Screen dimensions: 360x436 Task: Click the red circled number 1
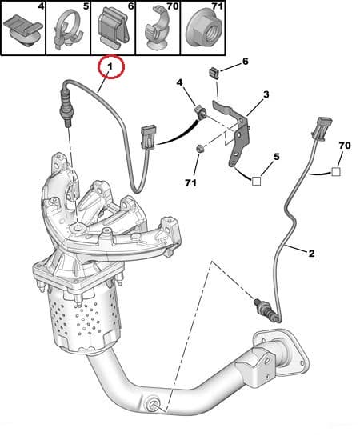coord(110,66)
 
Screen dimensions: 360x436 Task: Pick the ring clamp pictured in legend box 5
coord(68,30)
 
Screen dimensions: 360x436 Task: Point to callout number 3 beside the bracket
coord(266,94)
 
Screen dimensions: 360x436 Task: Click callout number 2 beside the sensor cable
coord(311,254)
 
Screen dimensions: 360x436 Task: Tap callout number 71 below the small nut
coord(191,182)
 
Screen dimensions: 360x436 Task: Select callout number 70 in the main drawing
coord(345,146)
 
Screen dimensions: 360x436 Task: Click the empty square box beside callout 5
coord(256,181)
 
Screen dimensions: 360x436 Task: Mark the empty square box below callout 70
coord(336,172)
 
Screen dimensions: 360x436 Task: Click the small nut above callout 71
coord(199,149)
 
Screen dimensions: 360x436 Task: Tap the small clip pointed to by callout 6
coord(214,73)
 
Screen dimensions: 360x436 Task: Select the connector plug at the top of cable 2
coord(322,127)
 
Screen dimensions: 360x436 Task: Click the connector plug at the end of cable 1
coord(149,138)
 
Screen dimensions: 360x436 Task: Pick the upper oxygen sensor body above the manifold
coord(64,107)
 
